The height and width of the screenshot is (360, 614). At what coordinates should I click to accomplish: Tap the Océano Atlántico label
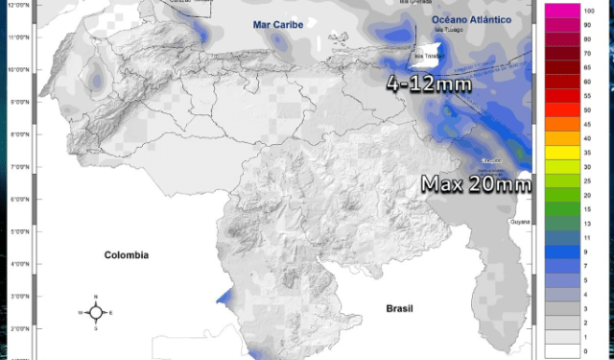point(467,18)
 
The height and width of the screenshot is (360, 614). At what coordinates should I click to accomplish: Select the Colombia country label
point(127,255)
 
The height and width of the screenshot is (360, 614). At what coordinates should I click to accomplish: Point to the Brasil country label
point(398,309)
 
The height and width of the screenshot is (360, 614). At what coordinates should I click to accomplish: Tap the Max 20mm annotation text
point(477,183)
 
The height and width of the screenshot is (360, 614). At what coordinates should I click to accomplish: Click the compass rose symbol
point(96,312)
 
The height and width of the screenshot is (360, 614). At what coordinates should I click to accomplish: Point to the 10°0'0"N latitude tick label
point(17,70)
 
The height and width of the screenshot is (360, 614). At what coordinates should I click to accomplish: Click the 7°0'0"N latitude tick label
point(17,167)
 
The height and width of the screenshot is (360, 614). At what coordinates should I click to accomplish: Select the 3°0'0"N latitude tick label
point(17,297)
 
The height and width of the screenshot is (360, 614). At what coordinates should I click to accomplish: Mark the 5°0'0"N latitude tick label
point(17,231)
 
